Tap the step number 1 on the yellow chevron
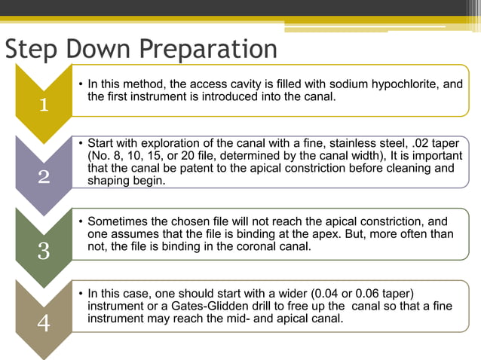(44, 105)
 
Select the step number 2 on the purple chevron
(44, 178)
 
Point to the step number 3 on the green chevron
(44, 251)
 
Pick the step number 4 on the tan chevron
(44, 324)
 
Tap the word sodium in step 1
(343, 84)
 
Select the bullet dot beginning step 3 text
(81, 222)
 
